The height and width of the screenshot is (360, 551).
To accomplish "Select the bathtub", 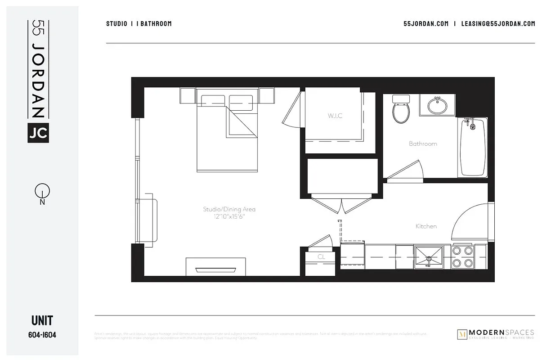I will [472, 147].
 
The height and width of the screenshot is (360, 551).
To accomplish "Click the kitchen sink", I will [429, 257].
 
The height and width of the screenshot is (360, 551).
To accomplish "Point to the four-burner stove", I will [462, 257].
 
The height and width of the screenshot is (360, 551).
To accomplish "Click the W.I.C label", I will [335, 116].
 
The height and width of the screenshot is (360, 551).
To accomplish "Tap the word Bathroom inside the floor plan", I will [423, 144].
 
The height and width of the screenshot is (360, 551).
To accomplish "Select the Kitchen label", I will [426, 226].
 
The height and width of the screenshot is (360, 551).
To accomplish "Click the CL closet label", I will [321, 257].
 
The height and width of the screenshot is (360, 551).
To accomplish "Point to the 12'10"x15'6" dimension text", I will [229, 216].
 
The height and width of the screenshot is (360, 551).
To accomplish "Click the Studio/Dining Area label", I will [229, 209].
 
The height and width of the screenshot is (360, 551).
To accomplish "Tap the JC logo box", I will [38, 132].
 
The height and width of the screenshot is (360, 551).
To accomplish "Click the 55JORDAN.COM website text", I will [426, 24].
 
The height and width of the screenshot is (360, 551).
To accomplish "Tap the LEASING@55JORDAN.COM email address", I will [498, 24].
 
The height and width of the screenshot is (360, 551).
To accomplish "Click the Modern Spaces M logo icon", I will [461, 334].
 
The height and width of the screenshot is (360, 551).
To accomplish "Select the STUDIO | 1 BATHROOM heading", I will [139, 24].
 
